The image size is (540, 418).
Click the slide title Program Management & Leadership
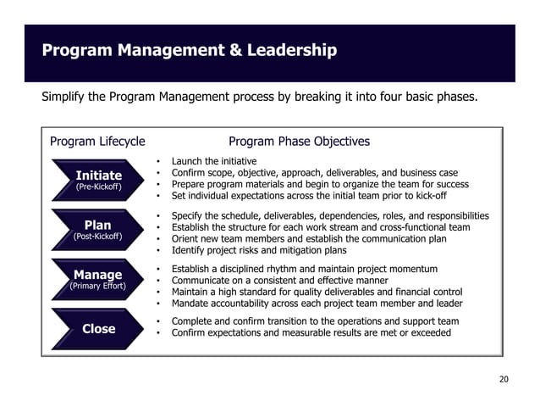[190, 52]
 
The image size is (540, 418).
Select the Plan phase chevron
[98, 230]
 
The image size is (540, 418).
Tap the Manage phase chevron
[98, 280]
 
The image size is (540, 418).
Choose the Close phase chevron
[98, 329]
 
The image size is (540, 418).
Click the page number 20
[504, 378]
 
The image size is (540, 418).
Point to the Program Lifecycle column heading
[97, 142]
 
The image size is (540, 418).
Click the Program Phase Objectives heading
[299, 142]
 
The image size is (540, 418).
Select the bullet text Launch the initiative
[213, 160]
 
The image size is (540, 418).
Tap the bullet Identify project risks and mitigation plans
[259, 251]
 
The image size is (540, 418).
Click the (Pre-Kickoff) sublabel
[98, 187]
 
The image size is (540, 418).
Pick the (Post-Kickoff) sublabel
[98, 237]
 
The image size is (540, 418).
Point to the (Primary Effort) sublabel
[98, 287]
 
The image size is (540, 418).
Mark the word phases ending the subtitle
[456, 97]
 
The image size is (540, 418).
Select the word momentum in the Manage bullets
[410, 269]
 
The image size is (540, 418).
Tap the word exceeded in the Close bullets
[427, 333]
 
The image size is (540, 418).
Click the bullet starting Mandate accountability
[317, 303]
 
